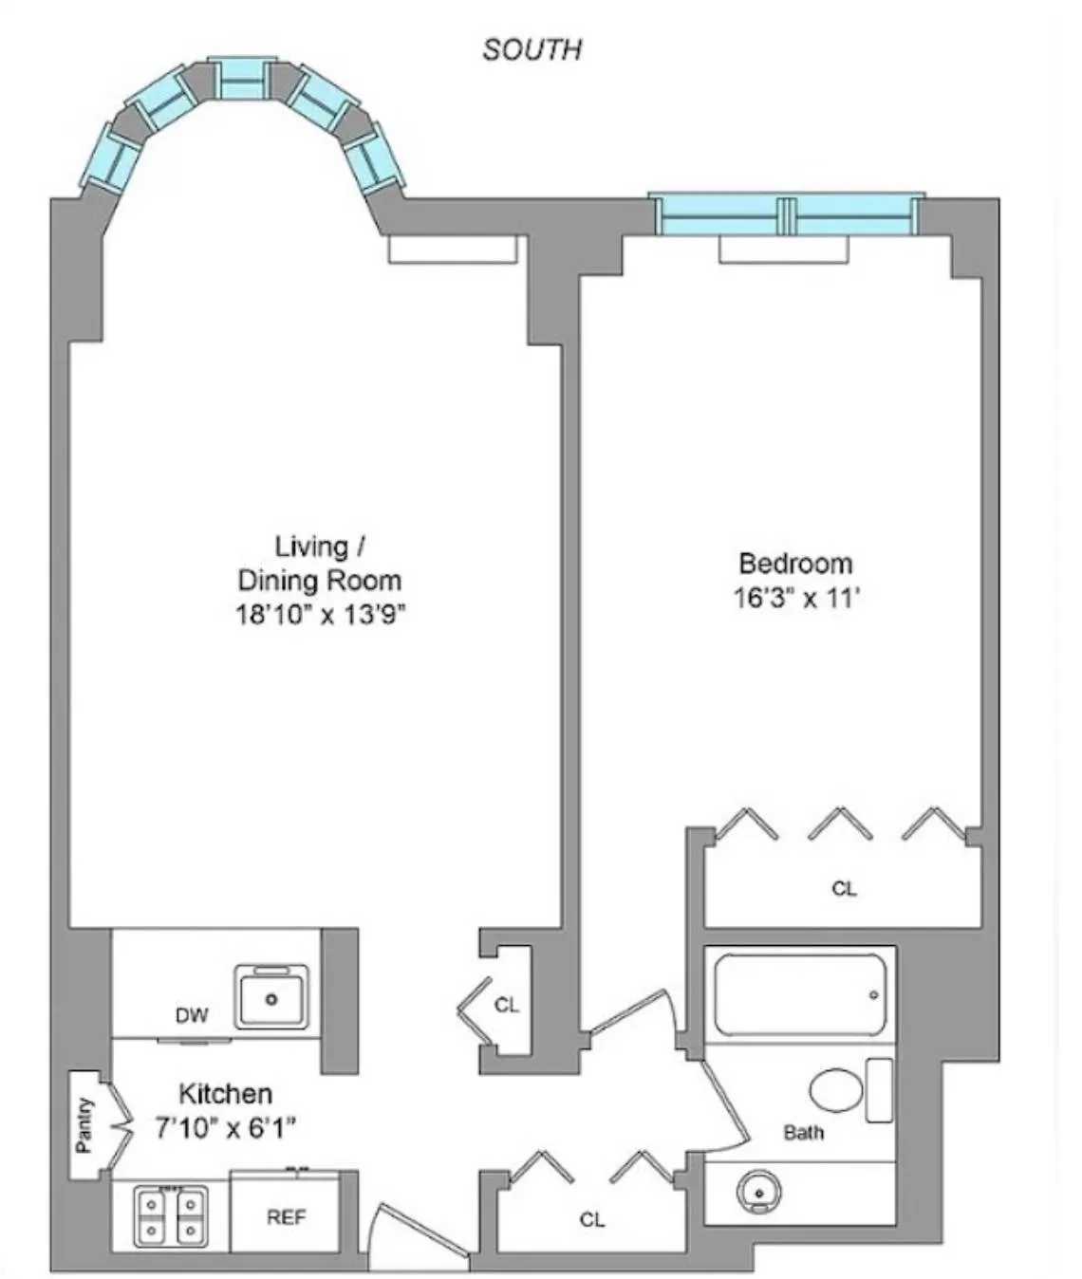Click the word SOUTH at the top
[x=532, y=49]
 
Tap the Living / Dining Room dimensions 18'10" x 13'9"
[x=320, y=615]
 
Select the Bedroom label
[x=795, y=564]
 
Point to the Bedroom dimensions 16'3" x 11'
[x=795, y=599]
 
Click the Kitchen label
[x=225, y=1094]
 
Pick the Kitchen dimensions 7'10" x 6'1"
[x=225, y=1127]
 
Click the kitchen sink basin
[x=272, y=996]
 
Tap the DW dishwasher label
[x=191, y=1016]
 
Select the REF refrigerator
[x=286, y=1216]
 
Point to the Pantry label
[x=84, y=1125]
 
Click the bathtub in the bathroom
[x=800, y=994]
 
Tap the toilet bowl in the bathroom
[x=836, y=1090]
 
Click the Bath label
[x=803, y=1132]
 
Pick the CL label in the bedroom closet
[x=843, y=889]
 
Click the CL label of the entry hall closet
[x=591, y=1219]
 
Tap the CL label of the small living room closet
[x=507, y=1005]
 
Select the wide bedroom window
[x=787, y=215]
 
